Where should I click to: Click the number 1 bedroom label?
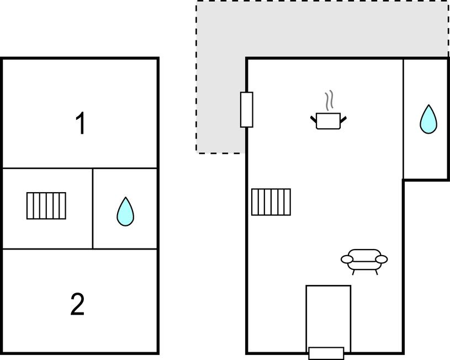pyautogui.click(x=81, y=123)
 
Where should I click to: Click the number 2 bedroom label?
pyautogui.click(x=77, y=304)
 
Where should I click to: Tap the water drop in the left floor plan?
pyautogui.click(x=125, y=211)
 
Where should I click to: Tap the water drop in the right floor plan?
pyautogui.click(x=428, y=119)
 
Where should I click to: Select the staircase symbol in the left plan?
pyautogui.click(x=46, y=206)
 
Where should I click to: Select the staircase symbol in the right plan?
pyautogui.click(x=271, y=202)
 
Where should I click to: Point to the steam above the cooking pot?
pyautogui.click(x=329, y=100)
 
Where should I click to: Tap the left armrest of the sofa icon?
pyautogui.click(x=347, y=260)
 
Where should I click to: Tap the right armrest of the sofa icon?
pyautogui.click(x=382, y=260)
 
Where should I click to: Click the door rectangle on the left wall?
pyautogui.click(x=246, y=110)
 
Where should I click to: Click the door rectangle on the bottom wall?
pyautogui.click(x=326, y=353)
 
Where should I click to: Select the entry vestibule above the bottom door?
pyautogui.click(x=329, y=316)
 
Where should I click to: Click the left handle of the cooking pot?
pyautogui.click(x=314, y=119)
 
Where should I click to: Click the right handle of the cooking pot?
pyautogui.click(x=343, y=119)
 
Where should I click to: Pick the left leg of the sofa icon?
pyautogui.click(x=353, y=272)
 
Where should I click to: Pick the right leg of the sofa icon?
pyautogui.click(x=376, y=272)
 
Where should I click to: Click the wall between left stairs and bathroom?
pyautogui.click(x=93, y=209)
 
